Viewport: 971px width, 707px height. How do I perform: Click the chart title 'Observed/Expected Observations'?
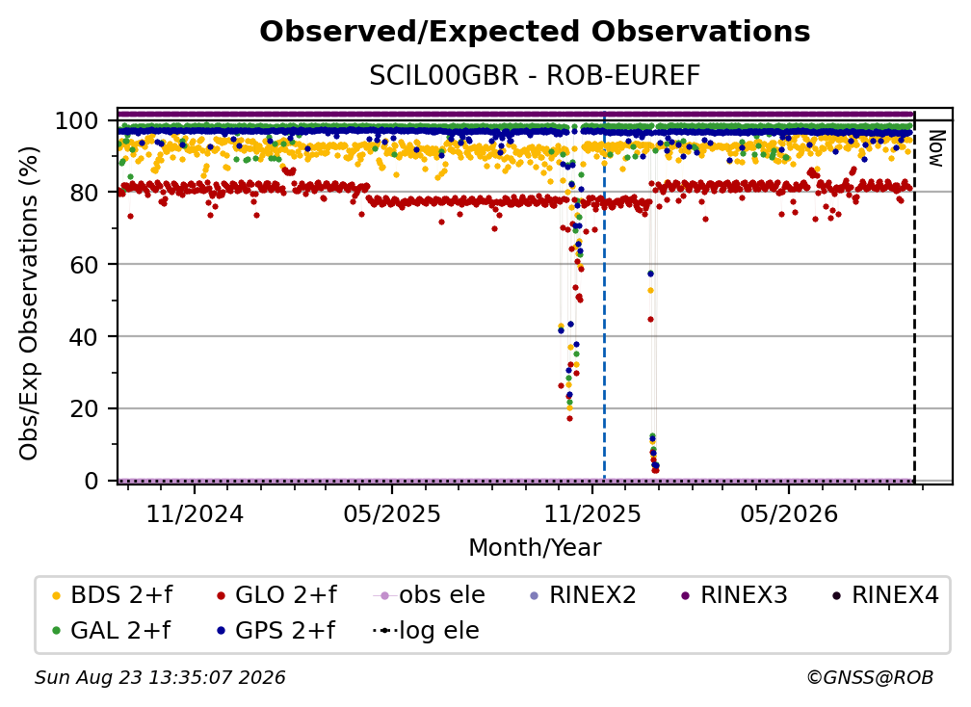(535, 32)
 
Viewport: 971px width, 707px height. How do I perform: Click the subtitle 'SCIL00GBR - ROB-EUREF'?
(535, 76)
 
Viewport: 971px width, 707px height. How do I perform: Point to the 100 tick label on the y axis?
(76, 120)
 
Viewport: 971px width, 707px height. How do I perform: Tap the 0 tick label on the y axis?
(91, 481)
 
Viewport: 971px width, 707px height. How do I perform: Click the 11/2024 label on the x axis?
(195, 513)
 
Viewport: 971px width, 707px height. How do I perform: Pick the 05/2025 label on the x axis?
(392, 513)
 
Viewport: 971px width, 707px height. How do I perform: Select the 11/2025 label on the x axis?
(592, 513)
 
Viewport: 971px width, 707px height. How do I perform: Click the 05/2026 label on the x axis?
(788, 513)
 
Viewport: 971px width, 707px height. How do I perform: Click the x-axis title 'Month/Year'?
(535, 548)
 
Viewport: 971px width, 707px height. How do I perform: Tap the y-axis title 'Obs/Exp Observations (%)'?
(29, 303)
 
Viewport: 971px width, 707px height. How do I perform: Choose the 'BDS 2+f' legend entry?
(112, 595)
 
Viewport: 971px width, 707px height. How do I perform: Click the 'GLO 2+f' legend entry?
(276, 595)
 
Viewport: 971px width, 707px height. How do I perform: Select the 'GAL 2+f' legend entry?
(112, 630)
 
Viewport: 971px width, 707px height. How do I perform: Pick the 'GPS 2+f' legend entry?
(276, 630)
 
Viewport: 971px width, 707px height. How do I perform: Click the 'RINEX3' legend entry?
(734, 595)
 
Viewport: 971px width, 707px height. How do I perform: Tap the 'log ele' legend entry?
(426, 630)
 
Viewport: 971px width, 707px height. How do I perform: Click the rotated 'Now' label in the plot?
(935, 148)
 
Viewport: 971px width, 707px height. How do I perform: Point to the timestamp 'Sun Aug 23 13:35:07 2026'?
(160, 678)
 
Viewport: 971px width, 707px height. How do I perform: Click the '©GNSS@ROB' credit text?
(870, 678)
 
